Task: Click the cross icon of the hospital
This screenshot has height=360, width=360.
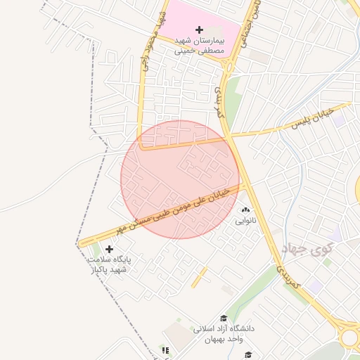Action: coord(199,30)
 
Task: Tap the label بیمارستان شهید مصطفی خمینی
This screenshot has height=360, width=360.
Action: coord(199,46)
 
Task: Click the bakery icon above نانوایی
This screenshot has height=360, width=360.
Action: coord(246,210)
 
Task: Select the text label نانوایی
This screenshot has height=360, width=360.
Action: coord(246,221)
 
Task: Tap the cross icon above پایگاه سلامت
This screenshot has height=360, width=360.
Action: coord(109,248)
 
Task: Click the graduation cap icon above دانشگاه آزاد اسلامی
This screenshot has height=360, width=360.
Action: coord(224,318)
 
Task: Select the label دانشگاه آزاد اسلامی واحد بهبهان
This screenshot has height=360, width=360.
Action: coord(222,334)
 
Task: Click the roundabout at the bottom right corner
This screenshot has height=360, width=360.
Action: coord(350,336)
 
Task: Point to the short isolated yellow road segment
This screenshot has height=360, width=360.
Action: coord(200,276)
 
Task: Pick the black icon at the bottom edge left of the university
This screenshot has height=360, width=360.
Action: coord(165,349)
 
